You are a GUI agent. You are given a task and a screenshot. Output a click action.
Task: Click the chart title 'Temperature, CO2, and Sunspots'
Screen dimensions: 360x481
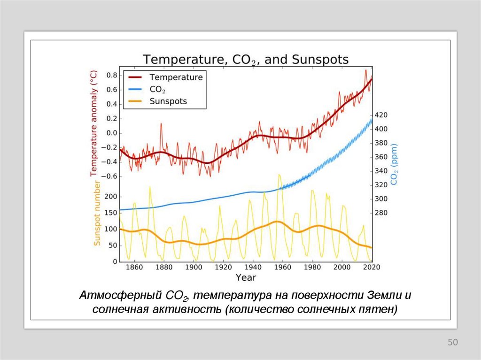[246, 60]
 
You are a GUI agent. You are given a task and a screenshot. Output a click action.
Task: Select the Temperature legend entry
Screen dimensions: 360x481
[176, 77]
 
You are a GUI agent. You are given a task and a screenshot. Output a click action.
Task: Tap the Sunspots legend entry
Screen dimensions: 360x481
[168, 101]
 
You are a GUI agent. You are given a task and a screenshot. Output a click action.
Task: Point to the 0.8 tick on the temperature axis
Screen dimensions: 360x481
[111, 75]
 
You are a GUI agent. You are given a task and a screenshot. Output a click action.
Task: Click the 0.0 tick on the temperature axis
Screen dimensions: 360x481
[111, 133]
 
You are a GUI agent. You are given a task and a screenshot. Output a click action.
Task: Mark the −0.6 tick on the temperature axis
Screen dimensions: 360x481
[110, 176]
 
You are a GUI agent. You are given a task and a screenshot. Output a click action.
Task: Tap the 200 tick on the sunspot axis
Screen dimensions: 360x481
[111, 197]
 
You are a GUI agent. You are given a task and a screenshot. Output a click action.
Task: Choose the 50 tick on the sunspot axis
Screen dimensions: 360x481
[112, 245]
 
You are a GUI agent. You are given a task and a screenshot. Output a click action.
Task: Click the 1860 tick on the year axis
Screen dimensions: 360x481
[134, 267]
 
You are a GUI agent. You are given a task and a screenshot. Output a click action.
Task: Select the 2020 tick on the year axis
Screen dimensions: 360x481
[371, 267]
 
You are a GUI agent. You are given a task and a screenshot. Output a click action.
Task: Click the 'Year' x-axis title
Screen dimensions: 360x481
[246, 277]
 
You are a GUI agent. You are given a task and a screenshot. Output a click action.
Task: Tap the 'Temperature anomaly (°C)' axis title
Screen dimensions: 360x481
[94, 123]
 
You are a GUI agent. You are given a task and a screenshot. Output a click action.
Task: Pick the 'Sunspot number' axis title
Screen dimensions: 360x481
[97, 213]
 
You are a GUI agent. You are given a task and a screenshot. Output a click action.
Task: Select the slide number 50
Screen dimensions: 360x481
[452, 343]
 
